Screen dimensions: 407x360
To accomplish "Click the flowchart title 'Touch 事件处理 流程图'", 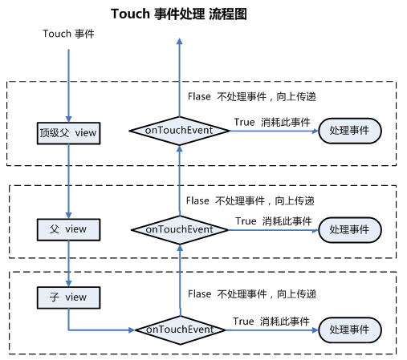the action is point(179,14).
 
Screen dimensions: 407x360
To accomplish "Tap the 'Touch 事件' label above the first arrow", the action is point(68,34).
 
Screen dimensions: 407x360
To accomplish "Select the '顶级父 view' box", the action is point(68,133).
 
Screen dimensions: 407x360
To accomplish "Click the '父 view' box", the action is point(68,229).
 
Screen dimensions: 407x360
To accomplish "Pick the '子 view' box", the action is point(68,297).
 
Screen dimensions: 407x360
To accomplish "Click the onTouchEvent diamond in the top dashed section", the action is point(179,131).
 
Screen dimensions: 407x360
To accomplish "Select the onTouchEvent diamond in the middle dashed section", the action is point(180,230).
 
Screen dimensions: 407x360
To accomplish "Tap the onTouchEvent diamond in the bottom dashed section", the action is point(180,330).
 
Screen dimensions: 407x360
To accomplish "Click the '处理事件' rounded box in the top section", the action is point(350,131).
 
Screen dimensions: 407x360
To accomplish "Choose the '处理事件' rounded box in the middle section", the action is point(350,230).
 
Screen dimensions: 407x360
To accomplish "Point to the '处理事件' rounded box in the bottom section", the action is point(350,330).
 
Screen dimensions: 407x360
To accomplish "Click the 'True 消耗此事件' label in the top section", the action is point(272,122).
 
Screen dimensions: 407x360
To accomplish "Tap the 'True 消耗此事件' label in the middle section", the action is point(274,221).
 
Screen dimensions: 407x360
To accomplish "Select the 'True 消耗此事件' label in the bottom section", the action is point(271,322).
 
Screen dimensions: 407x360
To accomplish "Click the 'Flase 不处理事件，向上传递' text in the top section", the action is point(252,96).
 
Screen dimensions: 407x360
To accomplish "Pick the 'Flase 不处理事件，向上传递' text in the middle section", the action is point(250,200).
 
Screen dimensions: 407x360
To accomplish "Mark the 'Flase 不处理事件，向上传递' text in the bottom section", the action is point(252,294).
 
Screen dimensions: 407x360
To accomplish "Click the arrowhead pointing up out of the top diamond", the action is point(180,41).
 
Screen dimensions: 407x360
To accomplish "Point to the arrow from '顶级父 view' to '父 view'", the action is point(68,181).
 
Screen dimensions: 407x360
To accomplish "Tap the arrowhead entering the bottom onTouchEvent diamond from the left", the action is point(132,330).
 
